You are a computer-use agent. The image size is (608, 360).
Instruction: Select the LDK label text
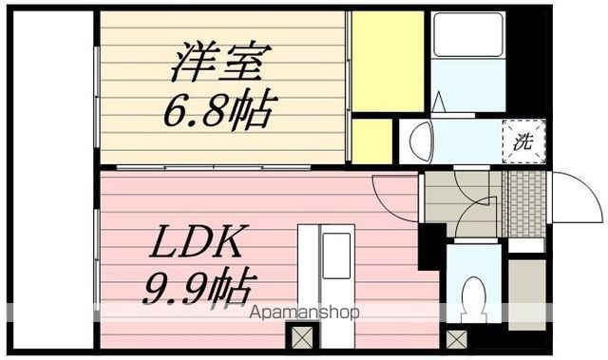click(x=198, y=242)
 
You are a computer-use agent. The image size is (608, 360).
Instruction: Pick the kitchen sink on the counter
click(x=335, y=255)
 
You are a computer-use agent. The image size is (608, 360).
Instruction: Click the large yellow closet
click(x=387, y=59)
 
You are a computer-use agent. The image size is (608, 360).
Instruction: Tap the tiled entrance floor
click(x=523, y=201)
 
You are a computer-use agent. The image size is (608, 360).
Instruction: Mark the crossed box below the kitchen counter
click(x=301, y=336)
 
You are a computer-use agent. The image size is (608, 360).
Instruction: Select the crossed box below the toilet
click(x=457, y=337)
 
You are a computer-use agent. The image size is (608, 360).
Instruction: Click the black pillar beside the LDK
click(x=430, y=245)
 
